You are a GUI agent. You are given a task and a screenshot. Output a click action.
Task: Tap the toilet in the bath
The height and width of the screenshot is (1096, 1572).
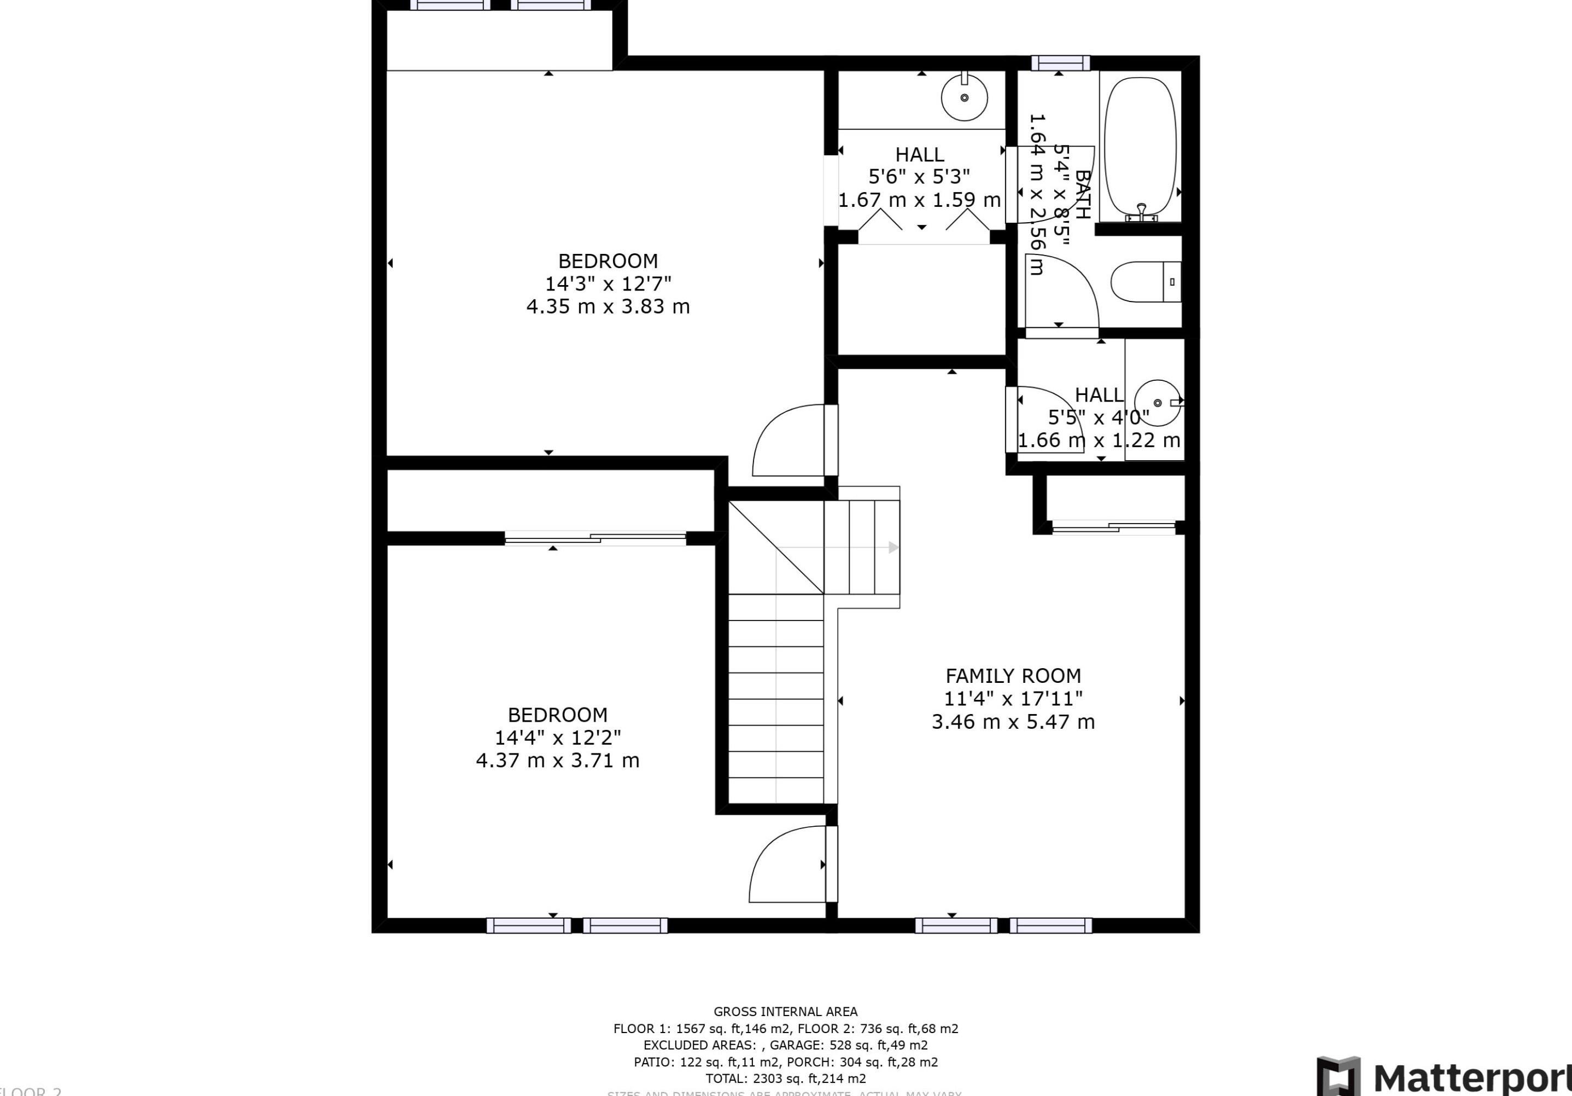pos(1145,282)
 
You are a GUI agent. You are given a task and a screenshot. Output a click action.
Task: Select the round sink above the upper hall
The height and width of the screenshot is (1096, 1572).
pos(964,98)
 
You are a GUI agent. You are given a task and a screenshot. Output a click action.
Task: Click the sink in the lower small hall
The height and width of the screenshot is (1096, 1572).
pos(1157,403)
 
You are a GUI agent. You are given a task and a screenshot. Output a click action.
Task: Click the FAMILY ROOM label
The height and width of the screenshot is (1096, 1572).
pos(1013,676)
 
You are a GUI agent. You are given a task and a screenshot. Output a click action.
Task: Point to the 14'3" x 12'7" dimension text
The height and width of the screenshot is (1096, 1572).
pos(608,283)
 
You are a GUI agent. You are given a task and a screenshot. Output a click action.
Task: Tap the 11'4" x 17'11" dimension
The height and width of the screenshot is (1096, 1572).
pos(1013,699)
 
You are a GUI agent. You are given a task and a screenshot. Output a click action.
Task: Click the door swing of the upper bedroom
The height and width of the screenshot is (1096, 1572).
pos(787,440)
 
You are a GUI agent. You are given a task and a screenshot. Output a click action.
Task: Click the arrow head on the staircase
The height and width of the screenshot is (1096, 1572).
pos(893,547)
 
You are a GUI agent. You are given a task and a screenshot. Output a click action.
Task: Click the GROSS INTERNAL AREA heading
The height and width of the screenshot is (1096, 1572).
pos(785,1012)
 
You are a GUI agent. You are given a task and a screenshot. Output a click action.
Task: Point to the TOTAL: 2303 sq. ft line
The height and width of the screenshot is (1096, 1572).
pos(785,1078)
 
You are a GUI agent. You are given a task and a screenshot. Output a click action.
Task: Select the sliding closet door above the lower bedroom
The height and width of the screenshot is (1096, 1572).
pos(595,539)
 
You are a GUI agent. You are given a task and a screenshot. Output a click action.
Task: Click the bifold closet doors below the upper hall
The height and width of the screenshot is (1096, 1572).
pos(923,221)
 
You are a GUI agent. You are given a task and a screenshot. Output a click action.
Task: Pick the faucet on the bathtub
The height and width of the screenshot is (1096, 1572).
pos(1141,212)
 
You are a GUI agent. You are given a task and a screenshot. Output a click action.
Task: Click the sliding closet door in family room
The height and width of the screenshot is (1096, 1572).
pos(1114,527)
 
